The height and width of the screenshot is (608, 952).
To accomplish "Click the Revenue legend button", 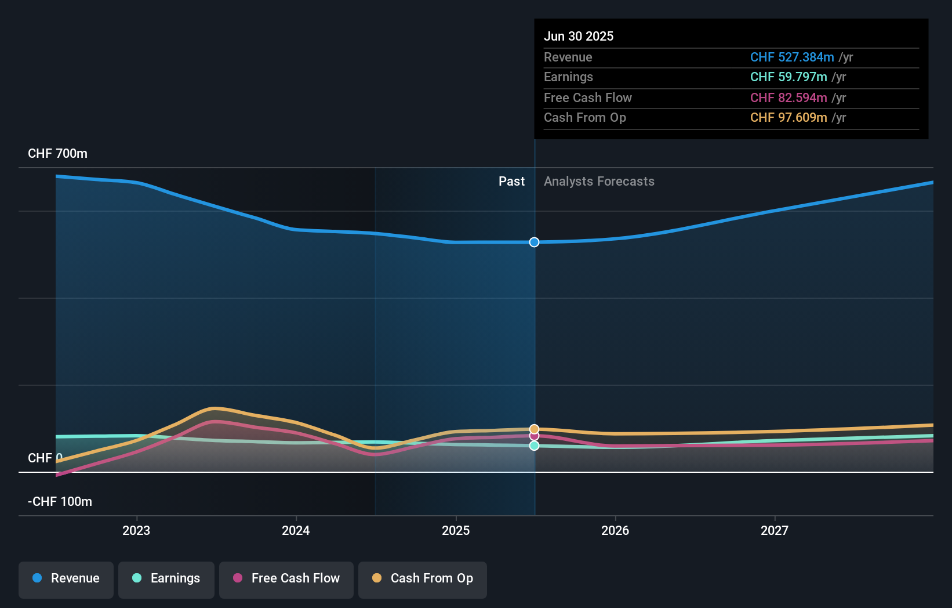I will point(66,578).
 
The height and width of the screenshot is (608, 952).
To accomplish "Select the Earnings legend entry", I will point(166,578).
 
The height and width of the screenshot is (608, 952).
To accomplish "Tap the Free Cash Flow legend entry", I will point(286,578).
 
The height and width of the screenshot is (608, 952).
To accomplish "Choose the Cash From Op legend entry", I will point(423,578).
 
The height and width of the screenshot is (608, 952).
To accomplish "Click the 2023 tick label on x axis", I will point(136,530).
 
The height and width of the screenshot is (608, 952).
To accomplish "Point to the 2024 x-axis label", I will point(296,530).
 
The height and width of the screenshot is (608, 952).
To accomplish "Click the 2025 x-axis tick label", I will point(456,530).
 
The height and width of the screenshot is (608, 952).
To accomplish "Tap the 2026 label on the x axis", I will point(615,530).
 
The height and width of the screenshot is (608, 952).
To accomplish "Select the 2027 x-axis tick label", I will point(775,530).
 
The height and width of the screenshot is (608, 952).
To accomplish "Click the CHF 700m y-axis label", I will point(57,154).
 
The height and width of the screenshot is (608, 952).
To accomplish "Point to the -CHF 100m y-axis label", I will point(60,501).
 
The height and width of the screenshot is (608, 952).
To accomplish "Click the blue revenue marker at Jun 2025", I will point(534,242).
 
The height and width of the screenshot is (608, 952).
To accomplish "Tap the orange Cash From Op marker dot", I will point(534,429).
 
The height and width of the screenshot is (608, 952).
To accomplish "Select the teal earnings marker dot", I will point(534,446).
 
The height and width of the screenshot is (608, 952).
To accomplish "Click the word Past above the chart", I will point(511,182).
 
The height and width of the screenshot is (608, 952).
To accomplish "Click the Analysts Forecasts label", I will point(599,182).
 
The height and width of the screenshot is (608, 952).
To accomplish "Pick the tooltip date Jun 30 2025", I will point(578,36).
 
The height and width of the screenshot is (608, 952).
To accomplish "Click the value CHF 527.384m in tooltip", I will point(791,57).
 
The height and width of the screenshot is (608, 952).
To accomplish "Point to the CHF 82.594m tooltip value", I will point(788,97).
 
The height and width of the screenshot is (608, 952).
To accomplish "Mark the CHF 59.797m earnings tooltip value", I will point(788,77).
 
